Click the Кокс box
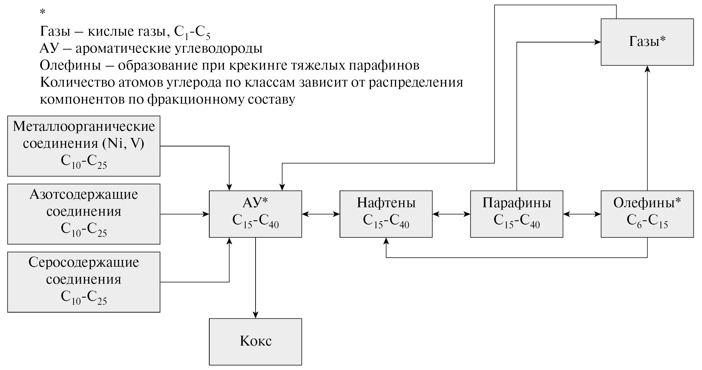255,341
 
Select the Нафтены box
386,214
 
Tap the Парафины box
517,214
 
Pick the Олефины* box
647,214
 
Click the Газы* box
647,42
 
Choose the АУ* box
255,214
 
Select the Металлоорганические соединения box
84,146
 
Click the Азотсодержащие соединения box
84,214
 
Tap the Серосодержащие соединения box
84,282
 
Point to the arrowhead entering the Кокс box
255,315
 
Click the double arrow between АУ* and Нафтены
321,214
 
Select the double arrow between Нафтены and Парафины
451,214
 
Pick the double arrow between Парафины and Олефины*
582,214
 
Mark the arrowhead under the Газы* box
647,69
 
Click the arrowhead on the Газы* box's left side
597,42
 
